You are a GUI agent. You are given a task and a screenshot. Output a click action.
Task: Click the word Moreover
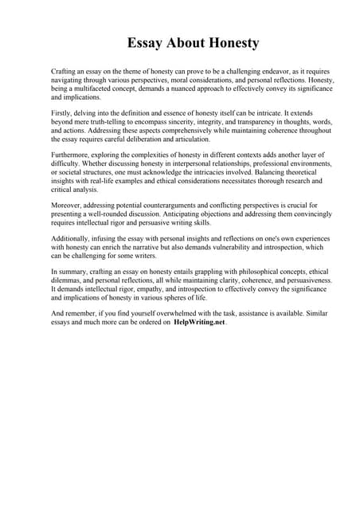[x=65, y=209]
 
